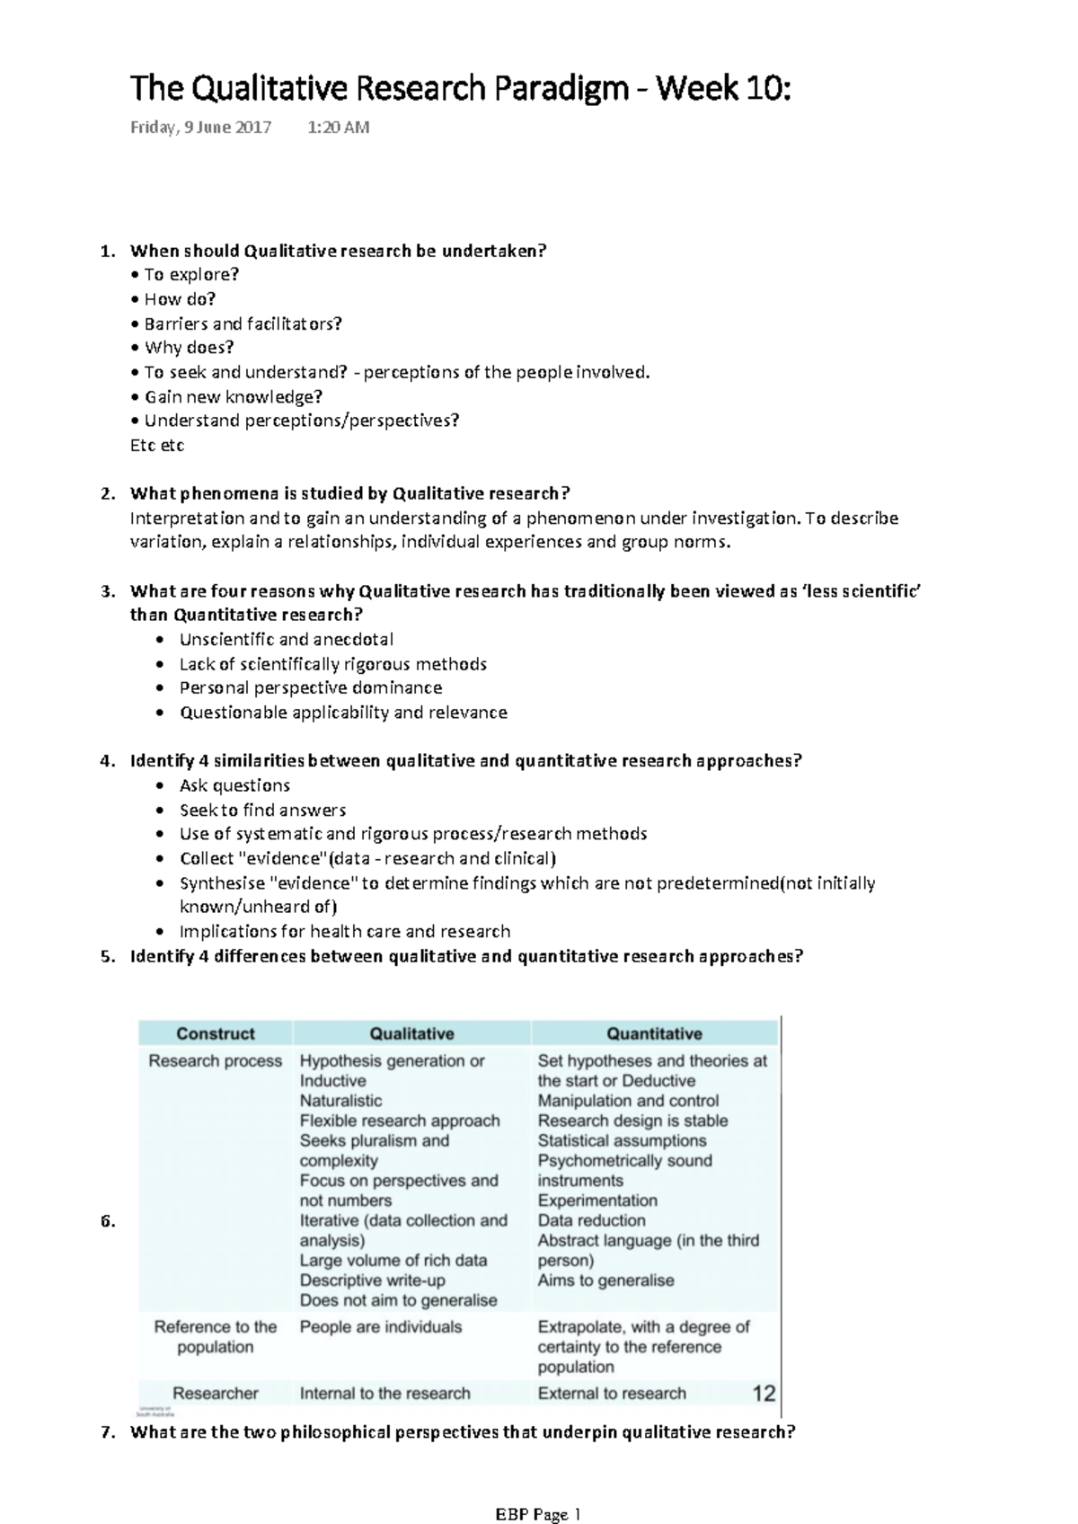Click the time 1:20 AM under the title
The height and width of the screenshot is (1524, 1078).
point(338,128)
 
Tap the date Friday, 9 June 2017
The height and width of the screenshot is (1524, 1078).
point(200,128)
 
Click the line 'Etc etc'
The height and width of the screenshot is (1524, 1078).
point(157,445)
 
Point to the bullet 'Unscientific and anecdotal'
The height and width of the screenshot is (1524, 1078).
point(286,639)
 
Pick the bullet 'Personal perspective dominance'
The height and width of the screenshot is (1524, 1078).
point(311,687)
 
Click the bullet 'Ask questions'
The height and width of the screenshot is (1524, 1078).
point(234,784)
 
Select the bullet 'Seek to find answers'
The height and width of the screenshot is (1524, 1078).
point(262,810)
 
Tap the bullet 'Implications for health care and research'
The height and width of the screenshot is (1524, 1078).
point(345,931)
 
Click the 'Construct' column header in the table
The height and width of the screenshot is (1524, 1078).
point(216,1033)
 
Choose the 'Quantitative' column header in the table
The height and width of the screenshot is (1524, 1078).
point(654,1033)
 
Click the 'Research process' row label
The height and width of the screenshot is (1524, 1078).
point(216,1060)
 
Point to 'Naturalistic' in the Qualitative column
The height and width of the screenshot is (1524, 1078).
point(340,1101)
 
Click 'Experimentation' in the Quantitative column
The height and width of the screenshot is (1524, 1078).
point(597,1201)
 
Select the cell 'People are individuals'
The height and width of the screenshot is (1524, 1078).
point(381,1326)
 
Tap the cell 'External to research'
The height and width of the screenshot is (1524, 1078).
point(612,1393)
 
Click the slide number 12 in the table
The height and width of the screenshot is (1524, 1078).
point(764,1393)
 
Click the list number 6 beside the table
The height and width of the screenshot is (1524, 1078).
point(107,1221)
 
